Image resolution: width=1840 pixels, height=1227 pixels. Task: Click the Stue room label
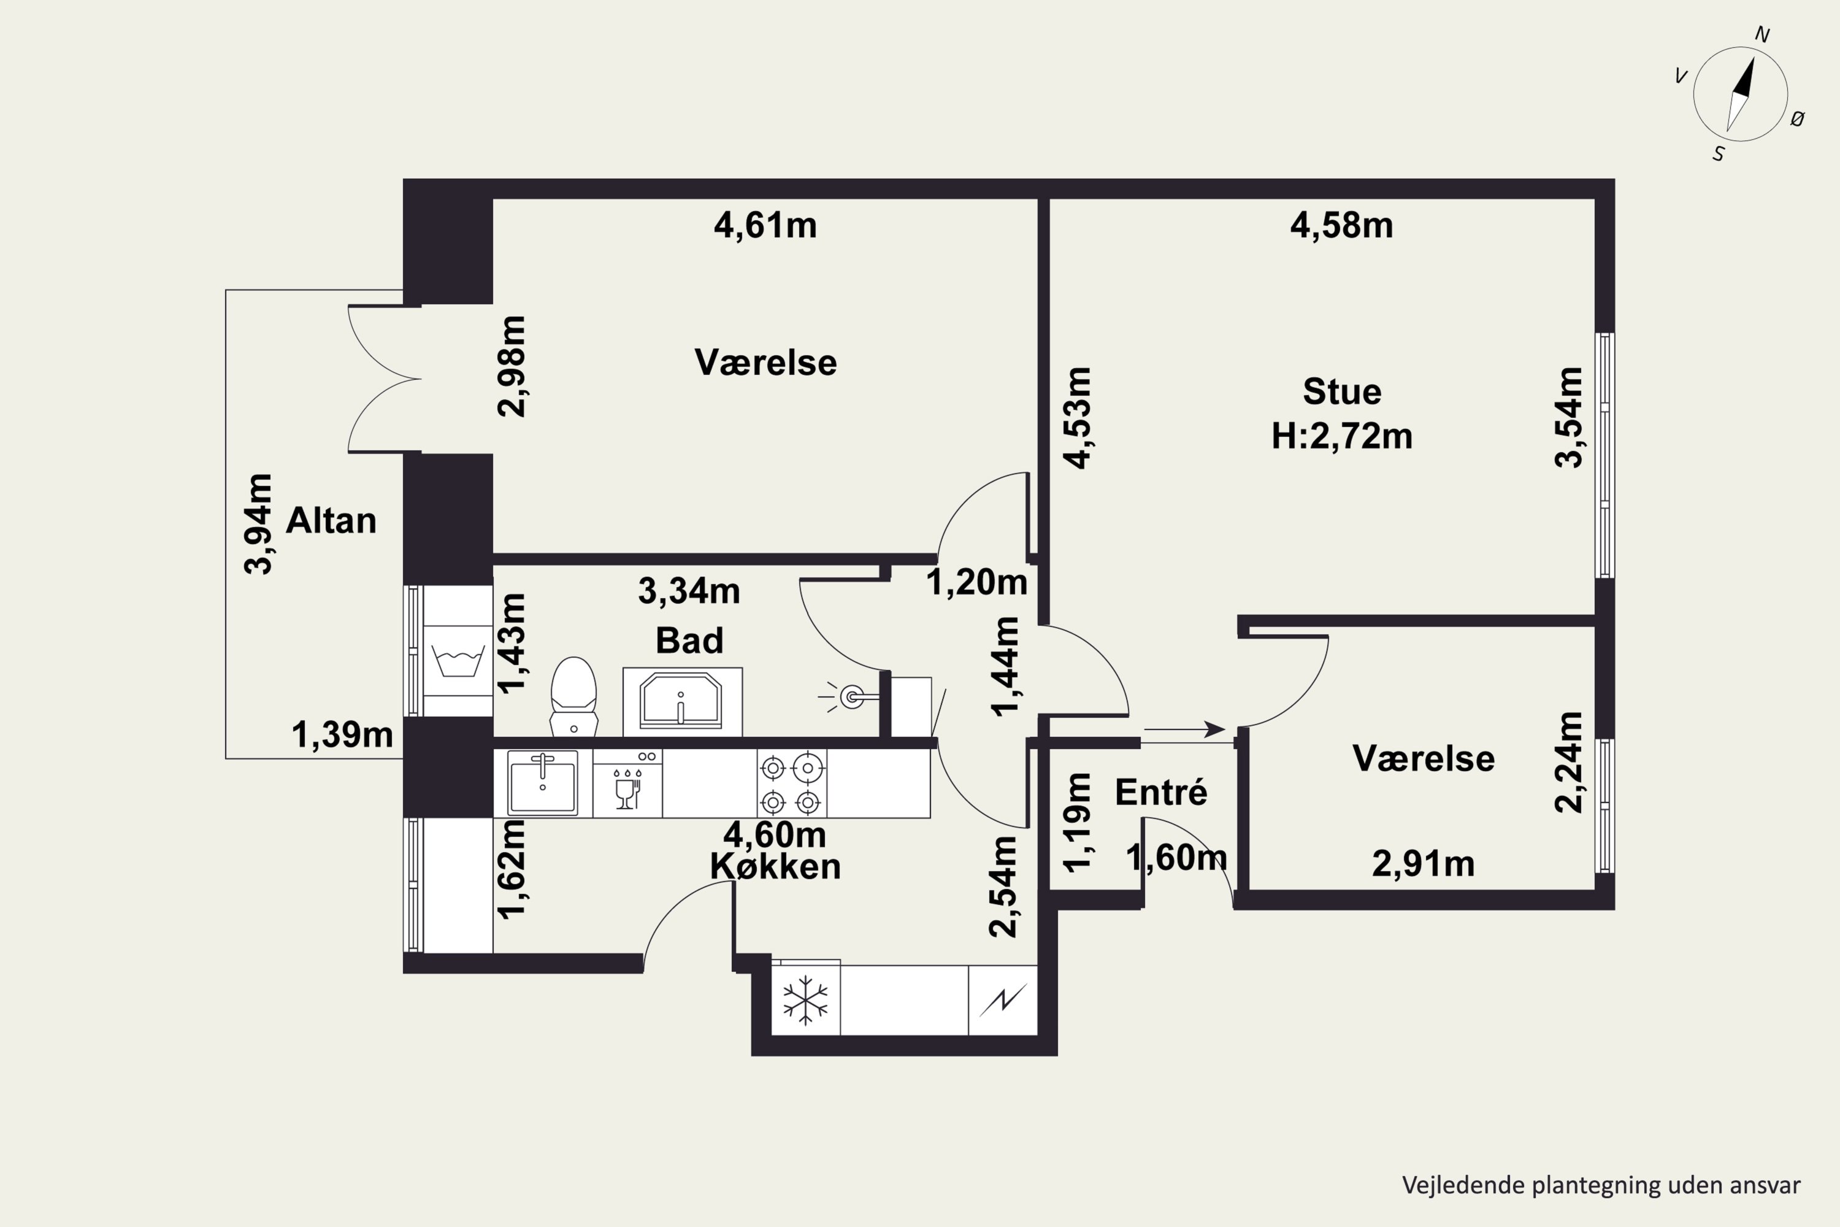pyautogui.click(x=1342, y=391)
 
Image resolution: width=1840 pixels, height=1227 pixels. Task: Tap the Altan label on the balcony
pyautogui.click(x=331, y=520)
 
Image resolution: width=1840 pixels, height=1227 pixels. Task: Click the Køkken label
pyautogui.click(x=775, y=866)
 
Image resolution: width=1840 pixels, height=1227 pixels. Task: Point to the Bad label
pyautogui.click(x=689, y=640)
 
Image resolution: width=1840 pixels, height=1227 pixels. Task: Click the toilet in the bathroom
pyautogui.click(x=573, y=696)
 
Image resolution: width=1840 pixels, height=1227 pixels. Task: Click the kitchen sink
pyautogui.click(x=542, y=783)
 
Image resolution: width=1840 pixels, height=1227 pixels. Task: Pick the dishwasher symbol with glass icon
pyautogui.click(x=627, y=783)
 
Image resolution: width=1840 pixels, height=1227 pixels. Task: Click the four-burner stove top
pyautogui.click(x=791, y=783)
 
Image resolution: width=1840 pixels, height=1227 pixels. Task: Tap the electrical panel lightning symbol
pyautogui.click(x=1003, y=1000)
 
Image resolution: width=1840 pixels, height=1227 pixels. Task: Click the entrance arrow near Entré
pyautogui.click(x=1184, y=729)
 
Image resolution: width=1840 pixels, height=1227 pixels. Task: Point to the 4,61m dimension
pyautogui.click(x=765, y=225)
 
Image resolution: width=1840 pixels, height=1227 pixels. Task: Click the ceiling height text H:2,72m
pyautogui.click(x=1342, y=436)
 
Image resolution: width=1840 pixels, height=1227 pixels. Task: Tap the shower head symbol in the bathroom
pyautogui.click(x=848, y=696)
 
